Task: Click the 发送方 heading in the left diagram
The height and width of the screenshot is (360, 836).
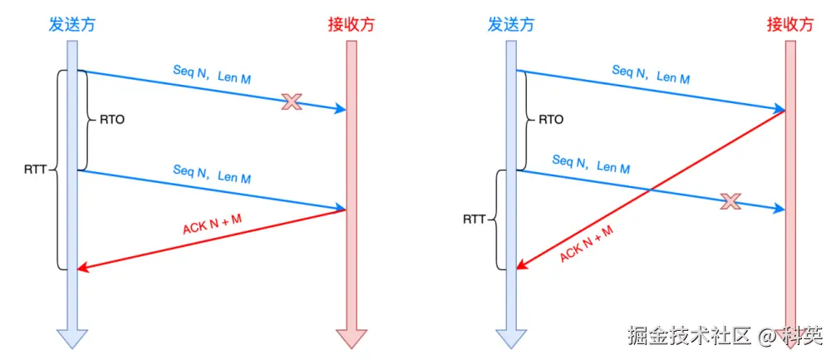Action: pos(71,24)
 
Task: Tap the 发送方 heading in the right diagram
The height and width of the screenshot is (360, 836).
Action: pos(510,24)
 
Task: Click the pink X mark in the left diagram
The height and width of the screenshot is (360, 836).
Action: pos(291,101)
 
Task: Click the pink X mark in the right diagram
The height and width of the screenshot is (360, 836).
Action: pos(730,200)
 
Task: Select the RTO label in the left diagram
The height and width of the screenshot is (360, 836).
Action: pos(112,120)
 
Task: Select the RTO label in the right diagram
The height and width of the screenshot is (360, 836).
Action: pos(551,120)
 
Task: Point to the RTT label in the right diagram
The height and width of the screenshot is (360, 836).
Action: pos(475,220)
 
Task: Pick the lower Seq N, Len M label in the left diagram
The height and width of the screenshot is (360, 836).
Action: pos(212,174)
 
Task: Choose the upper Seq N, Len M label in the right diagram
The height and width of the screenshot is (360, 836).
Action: pos(651,74)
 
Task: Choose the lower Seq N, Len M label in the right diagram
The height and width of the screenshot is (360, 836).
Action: pos(591,164)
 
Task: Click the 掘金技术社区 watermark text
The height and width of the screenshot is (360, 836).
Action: pos(684,337)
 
